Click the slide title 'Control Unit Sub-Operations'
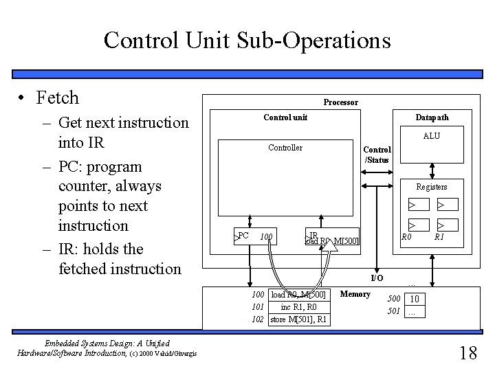click(x=247, y=40)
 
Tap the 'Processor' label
click(x=341, y=102)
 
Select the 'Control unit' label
click(x=285, y=117)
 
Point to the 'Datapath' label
click(x=432, y=117)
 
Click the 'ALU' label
click(x=432, y=136)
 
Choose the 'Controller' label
click(x=285, y=148)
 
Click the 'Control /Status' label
click(x=377, y=155)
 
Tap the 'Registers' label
click(x=432, y=187)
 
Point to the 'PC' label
click(x=243, y=236)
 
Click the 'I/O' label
click(x=377, y=278)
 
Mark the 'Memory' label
click(x=356, y=294)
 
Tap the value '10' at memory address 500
click(x=415, y=299)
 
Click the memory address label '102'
click(x=258, y=319)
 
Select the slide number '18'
click(x=467, y=353)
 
